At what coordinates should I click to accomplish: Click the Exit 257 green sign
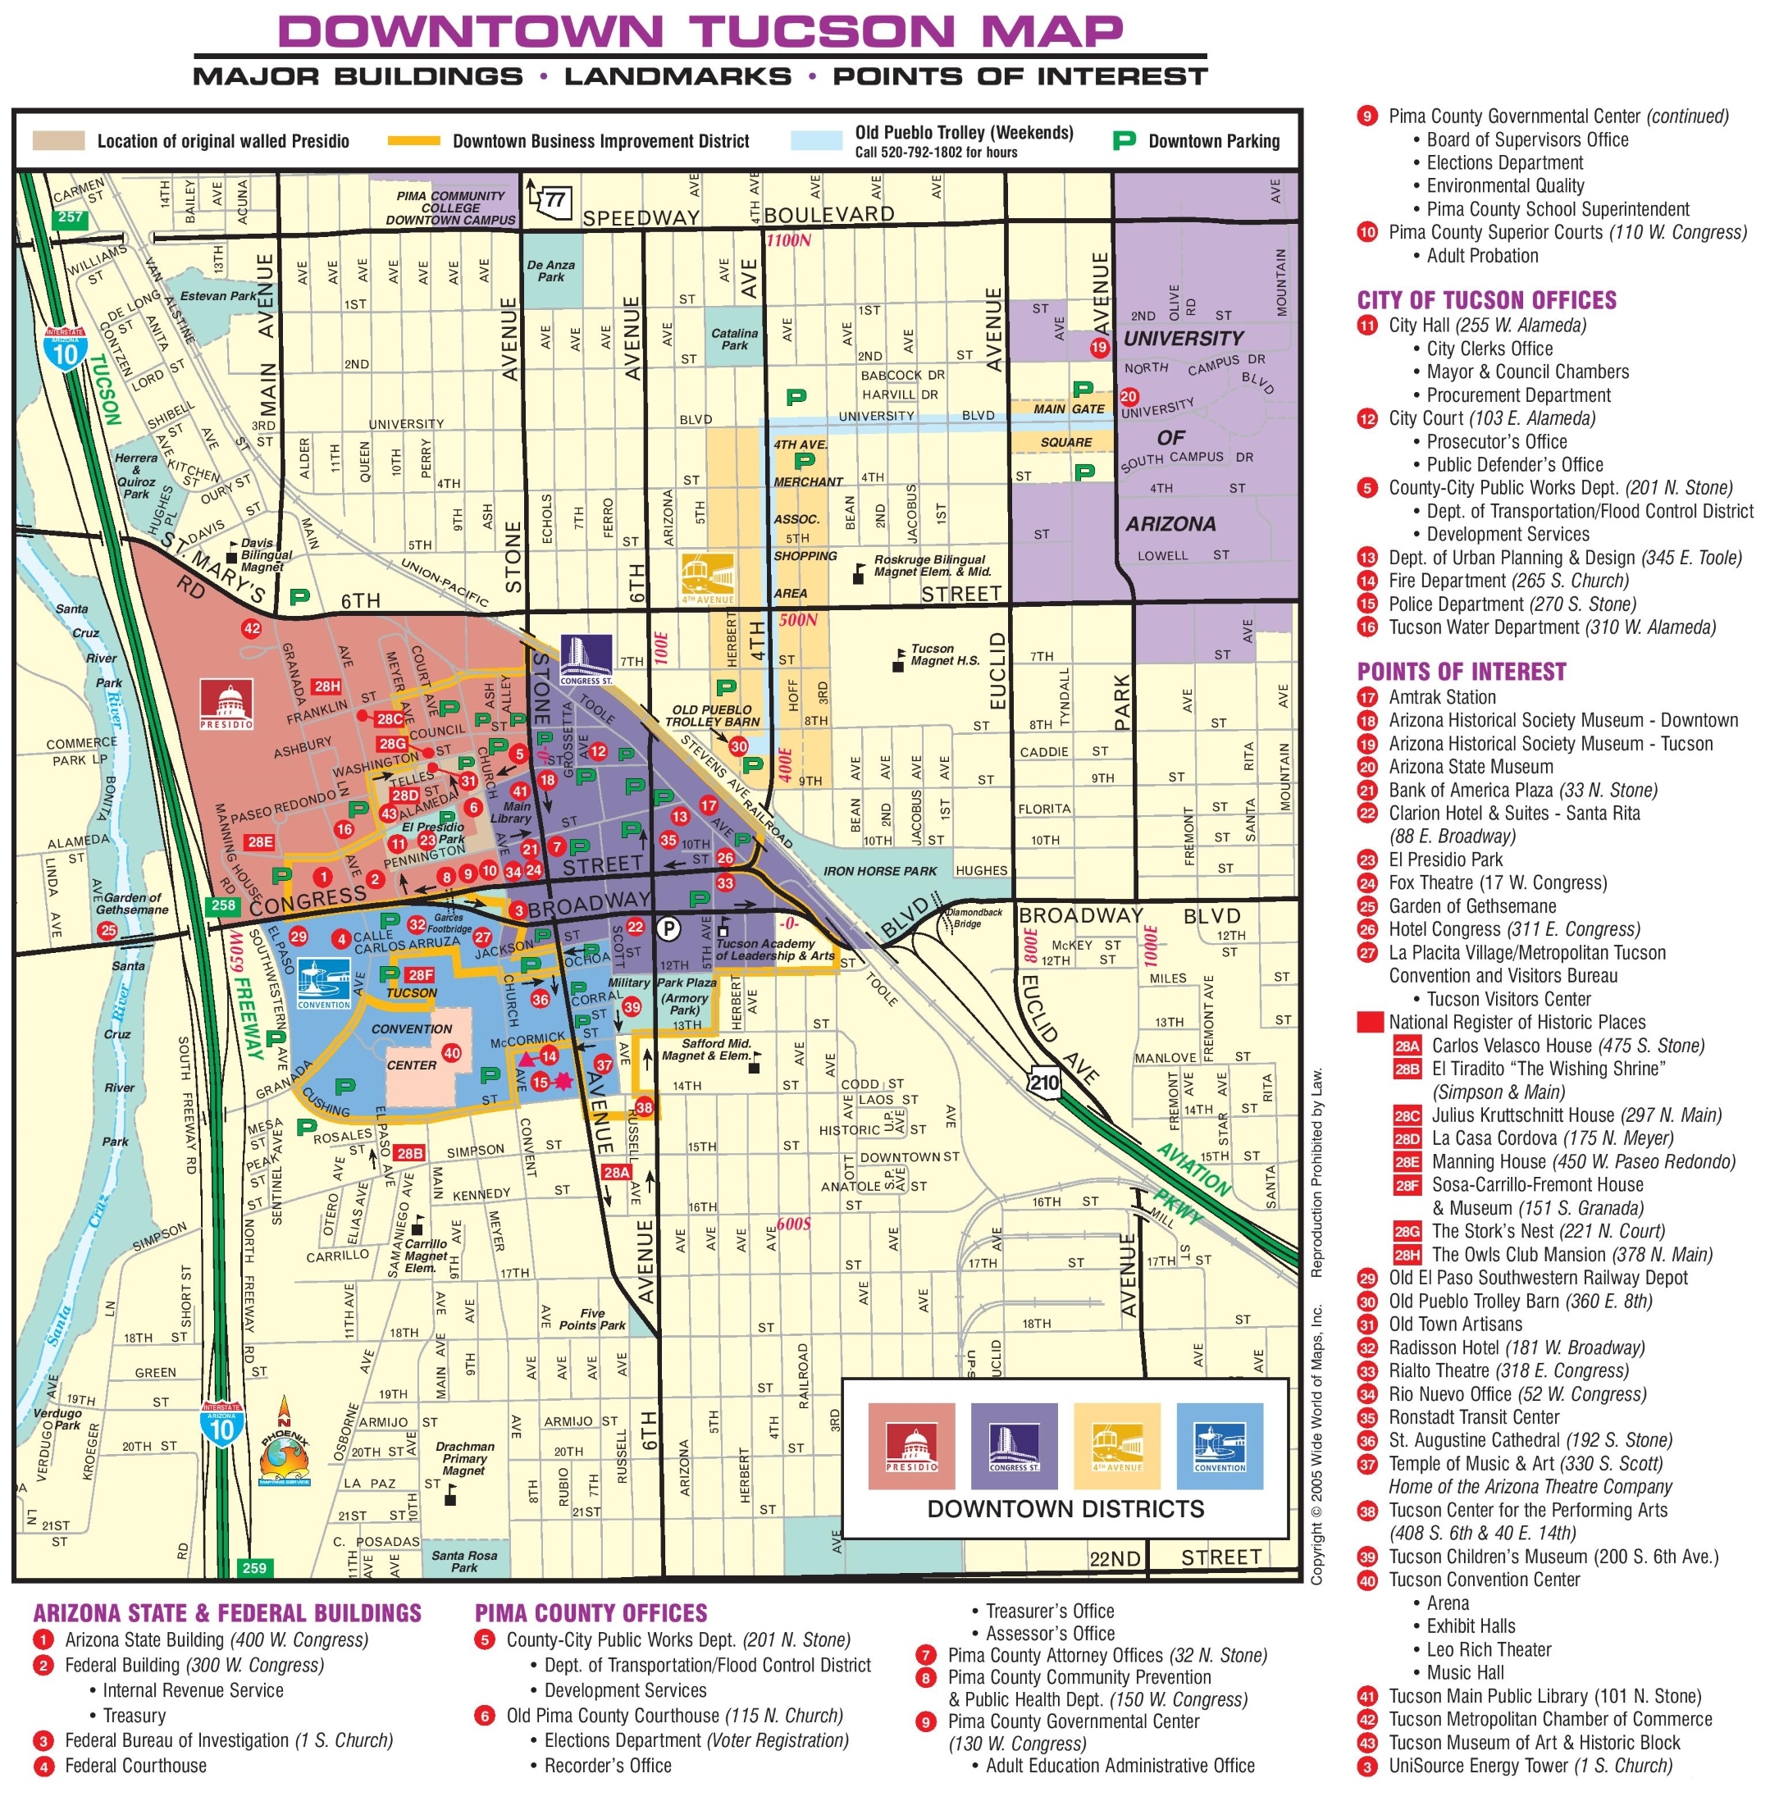pos(71,217)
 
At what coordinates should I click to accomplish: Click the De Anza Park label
pos(551,271)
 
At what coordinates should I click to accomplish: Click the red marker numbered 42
pos(251,628)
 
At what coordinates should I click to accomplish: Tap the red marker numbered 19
pos(1100,348)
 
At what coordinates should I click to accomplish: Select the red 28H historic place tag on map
pos(326,686)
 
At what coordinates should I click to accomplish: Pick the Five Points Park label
pos(592,1320)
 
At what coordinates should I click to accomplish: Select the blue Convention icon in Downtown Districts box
pos(1219,1446)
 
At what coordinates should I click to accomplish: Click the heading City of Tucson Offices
pos(1485,300)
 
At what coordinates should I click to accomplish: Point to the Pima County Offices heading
pos(591,1613)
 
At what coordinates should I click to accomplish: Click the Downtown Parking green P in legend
pos(1124,141)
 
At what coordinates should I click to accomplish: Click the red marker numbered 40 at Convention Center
pos(451,1053)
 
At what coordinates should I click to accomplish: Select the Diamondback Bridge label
pos(974,917)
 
